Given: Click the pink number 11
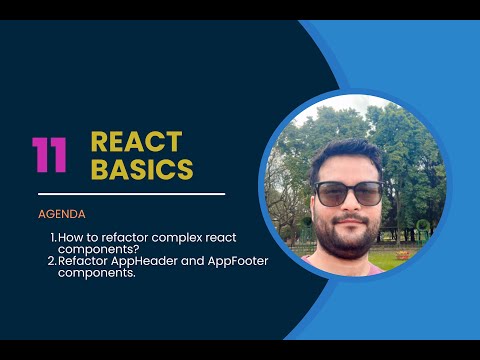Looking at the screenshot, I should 49,155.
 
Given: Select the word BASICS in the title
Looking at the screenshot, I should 141,170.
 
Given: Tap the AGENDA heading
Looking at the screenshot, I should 62,214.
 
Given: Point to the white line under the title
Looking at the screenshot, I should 131,194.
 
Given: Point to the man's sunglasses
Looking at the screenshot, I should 348,193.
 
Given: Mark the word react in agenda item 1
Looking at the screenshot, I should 230,237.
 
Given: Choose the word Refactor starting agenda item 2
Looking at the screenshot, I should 81,261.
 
